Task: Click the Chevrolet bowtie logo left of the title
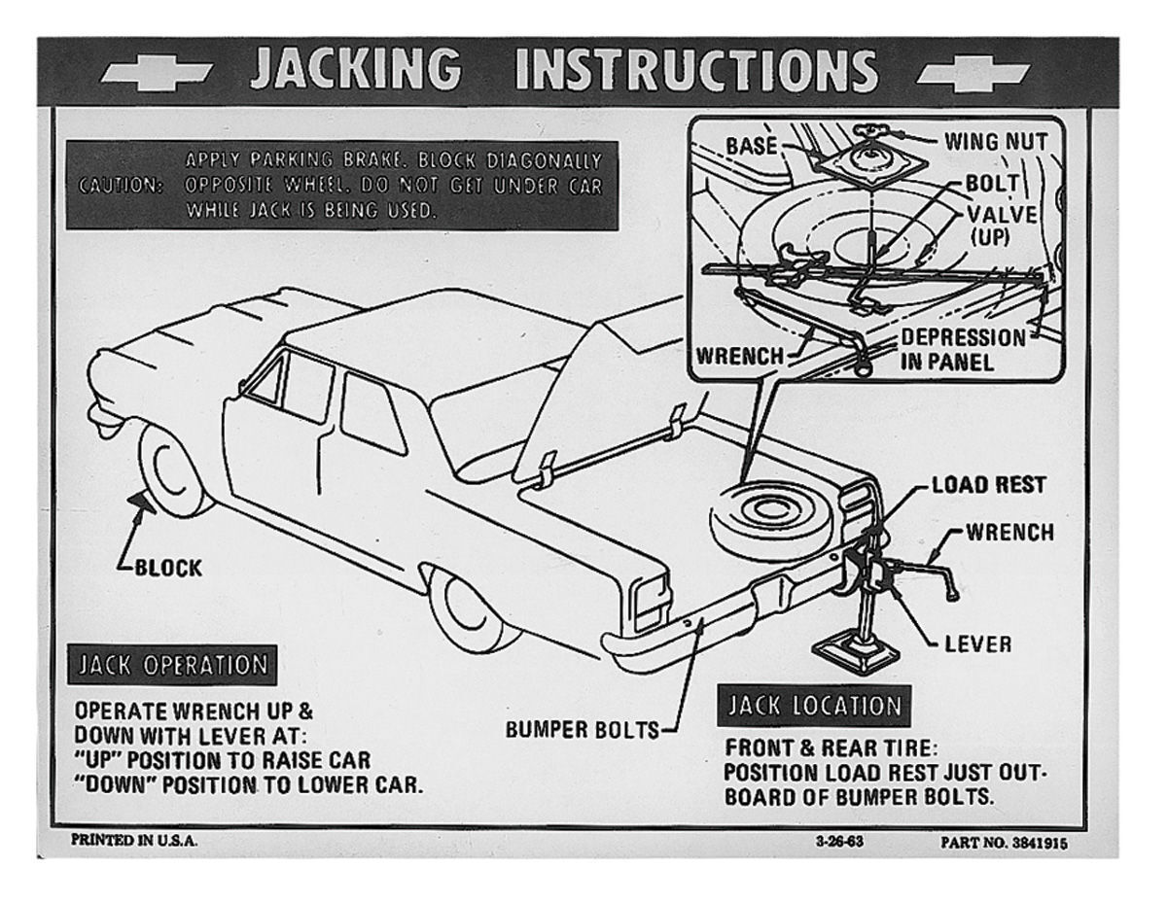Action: pos(157,73)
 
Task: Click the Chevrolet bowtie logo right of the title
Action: pos(972,73)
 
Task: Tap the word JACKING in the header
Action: pos(356,69)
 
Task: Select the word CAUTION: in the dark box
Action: pos(121,186)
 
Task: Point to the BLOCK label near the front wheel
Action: pos(168,568)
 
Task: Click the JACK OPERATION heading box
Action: pos(172,665)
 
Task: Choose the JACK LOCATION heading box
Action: pos(814,706)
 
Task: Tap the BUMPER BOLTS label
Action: pos(583,730)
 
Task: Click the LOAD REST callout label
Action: pos(989,485)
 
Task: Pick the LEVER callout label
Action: pos(978,644)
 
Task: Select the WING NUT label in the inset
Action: pos(996,142)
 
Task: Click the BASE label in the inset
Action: pos(752,146)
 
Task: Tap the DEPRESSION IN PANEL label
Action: pos(963,350)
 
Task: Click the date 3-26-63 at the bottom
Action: pos(840,842)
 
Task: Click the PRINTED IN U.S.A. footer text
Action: pos(134,841)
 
